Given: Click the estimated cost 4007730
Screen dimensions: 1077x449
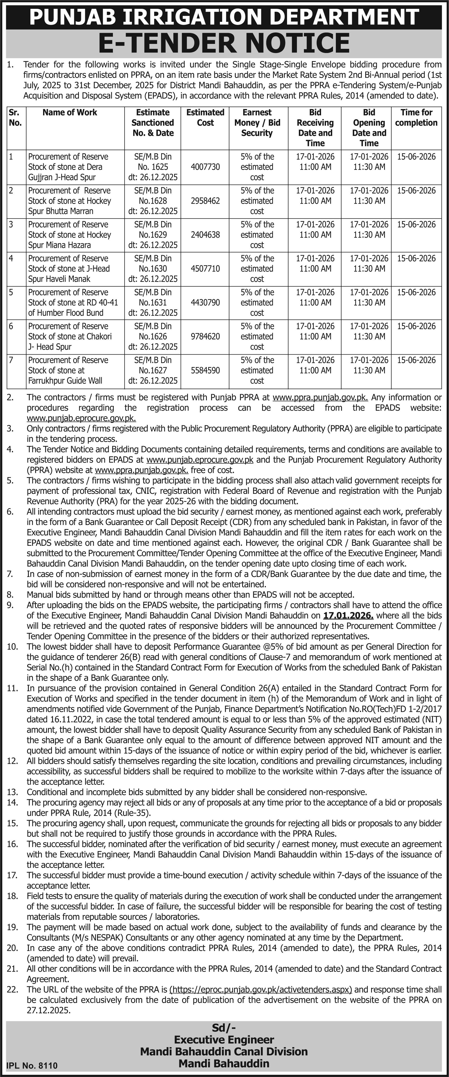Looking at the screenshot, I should coord(205,167).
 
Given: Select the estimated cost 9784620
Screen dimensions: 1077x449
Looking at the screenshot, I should coord(205,337).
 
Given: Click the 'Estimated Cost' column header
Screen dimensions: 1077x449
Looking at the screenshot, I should coord(205,117).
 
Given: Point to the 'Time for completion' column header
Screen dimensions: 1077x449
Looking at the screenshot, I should coord(416,117).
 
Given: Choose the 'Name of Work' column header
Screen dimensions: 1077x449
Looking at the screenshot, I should coord(70,112).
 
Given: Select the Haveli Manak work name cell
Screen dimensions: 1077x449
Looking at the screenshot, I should coord(69,269).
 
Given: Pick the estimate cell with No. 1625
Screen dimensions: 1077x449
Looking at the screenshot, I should coord(153,167).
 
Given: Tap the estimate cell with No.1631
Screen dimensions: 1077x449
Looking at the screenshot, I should coord(153,303).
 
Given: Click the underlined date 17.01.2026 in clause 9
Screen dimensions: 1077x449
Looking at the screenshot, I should coord(348,615).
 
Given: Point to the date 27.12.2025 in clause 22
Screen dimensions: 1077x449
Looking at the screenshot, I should coord(49,1010).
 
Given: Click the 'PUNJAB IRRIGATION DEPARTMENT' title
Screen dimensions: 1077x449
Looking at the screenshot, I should coord(224,16).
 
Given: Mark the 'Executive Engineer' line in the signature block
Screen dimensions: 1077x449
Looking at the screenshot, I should coord(224,1040).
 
